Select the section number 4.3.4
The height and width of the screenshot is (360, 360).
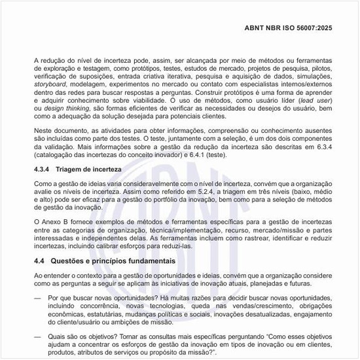coord(43,169)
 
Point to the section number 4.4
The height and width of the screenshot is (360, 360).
coord(40,261)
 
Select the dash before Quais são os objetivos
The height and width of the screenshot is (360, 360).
coord(36,336)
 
